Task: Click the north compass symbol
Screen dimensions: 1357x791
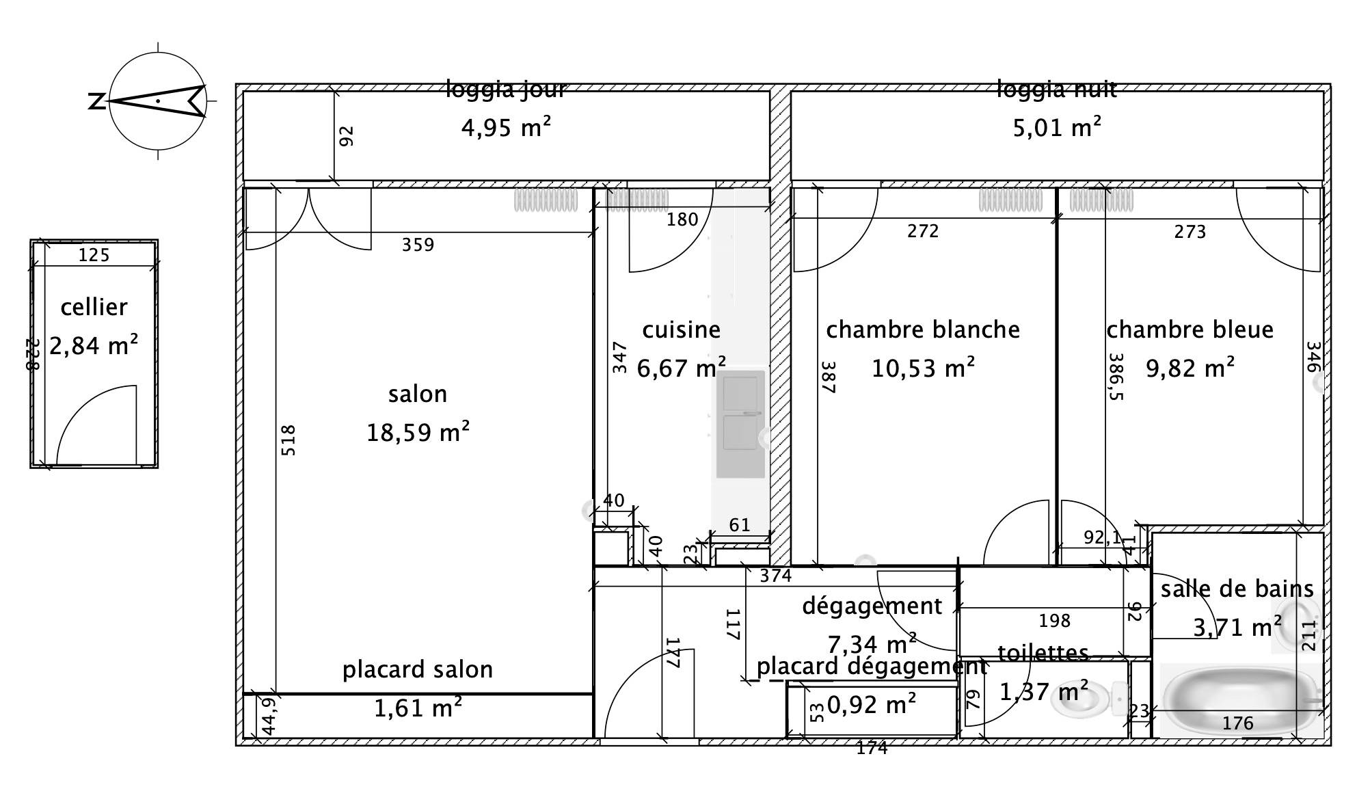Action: (x=158, y=101)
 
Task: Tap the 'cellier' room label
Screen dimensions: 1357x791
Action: (x=94, y=307)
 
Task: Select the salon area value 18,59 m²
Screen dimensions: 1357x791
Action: (x=418, y=432)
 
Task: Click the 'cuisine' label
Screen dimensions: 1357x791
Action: (x=681, y=330)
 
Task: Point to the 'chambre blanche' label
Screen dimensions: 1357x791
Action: (x=923, y=330)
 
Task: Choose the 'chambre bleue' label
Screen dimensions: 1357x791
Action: (x=1190, y=330)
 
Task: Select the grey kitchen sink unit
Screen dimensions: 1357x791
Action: (x=740, y=423)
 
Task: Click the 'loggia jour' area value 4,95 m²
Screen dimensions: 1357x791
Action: (x=506, y=127)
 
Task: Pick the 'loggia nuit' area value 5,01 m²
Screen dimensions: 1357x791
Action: (x=1057, y=127)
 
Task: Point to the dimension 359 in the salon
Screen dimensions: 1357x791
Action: (x=418, y=245)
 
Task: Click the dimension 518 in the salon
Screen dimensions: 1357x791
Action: (x=288, y=440)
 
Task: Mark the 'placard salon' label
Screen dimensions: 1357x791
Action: (x=418, y=669)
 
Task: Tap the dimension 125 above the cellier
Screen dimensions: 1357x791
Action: (x=94, y=256)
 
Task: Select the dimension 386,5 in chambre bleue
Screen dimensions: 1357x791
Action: (x=1116, y=377)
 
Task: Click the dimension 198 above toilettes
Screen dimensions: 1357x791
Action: (x=1054, y=621)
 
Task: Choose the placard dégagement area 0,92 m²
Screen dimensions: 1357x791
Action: (x=872, y=704)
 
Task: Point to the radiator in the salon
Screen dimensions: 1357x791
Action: (x=546, y=200)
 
